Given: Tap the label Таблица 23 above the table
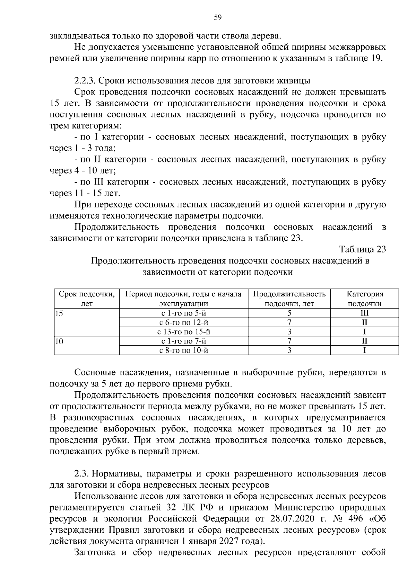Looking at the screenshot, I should tap(362, 249).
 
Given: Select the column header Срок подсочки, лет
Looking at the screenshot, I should tap(87, 299).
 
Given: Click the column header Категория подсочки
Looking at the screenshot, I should tap(365, 299).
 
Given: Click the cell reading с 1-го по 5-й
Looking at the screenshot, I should tap(184, 313).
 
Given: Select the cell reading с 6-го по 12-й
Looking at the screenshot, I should tap(184, 323).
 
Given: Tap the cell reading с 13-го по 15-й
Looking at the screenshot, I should tap(184, 332).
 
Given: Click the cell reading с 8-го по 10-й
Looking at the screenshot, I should tap(184, 350).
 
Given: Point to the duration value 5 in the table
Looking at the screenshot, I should tap(289, 313).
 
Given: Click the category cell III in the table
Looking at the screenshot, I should tap(365, 313).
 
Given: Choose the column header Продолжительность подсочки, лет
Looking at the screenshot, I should tap(289, 299).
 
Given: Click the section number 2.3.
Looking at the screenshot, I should tap(81, 474).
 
